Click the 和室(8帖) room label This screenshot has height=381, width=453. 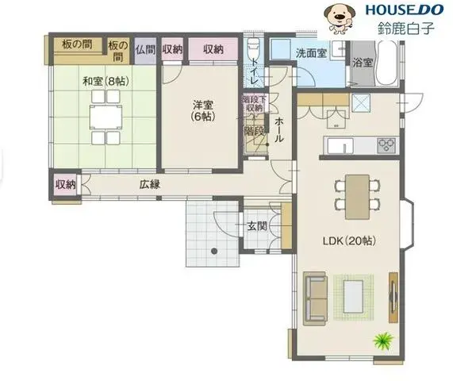[x=104, y=80]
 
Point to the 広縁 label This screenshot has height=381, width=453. [x=150, y=184]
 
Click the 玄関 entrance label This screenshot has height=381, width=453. [x=257, y=226]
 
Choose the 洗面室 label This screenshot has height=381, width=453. [x=311, y=53]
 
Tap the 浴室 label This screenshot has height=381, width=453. [x=363, y=62]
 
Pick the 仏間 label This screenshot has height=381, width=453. [x=145, y=49]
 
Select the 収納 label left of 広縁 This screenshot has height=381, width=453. [x=65, y=184]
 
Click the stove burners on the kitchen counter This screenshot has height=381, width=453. [x=387, y=144]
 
